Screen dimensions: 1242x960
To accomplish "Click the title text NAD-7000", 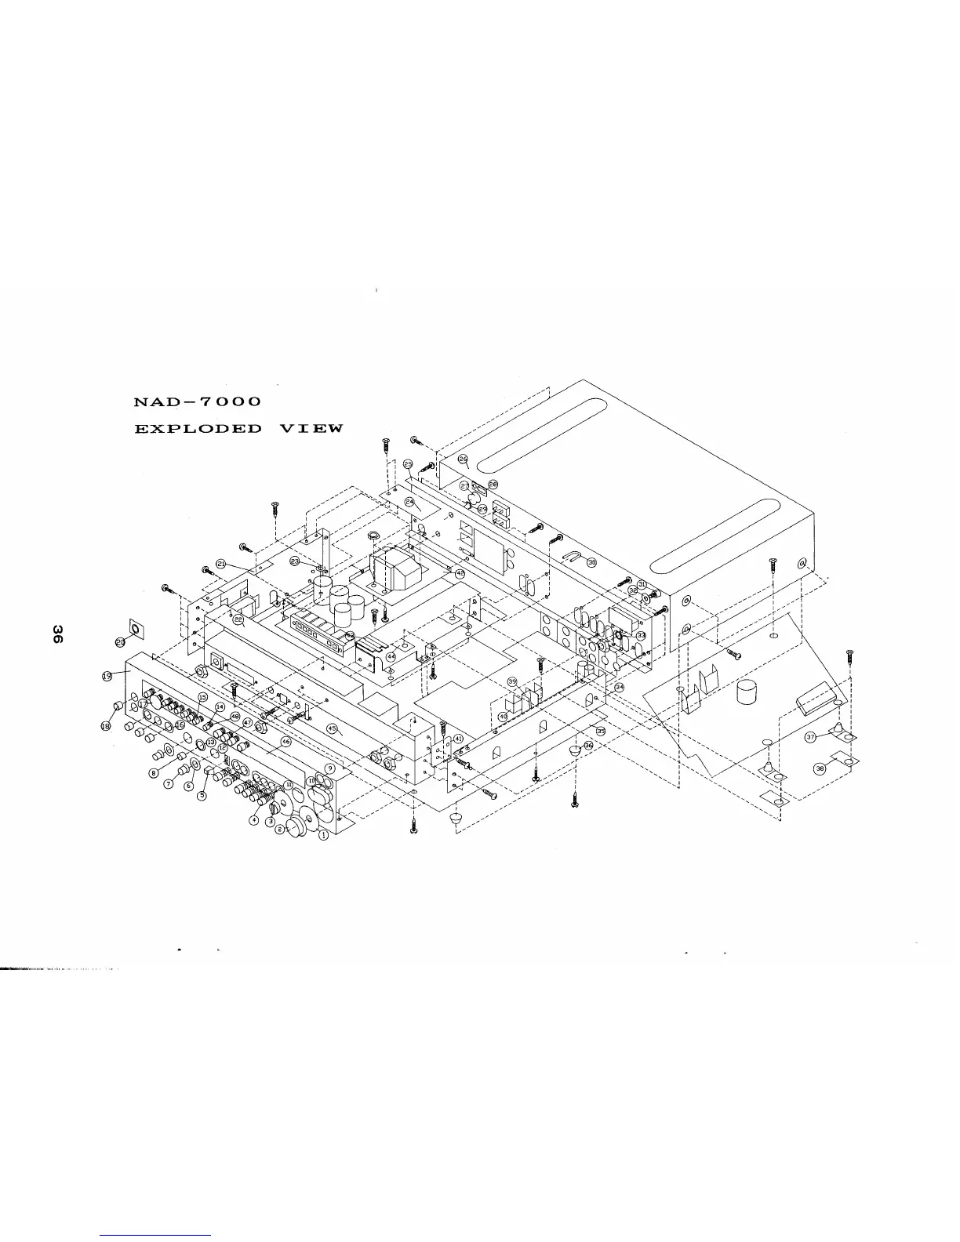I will (x=198, y=401).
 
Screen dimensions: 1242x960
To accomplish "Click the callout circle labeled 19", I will (x=106, y=675).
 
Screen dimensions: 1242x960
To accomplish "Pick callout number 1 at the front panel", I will (x=323, y=834).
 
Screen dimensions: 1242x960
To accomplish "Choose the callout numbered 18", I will (x=106, y=727).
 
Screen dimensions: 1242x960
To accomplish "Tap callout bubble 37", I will (x=811, y=737).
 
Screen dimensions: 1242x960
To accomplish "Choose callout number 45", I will (x=332, y=728).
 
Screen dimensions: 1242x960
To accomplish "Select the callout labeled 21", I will (x=221, y=564).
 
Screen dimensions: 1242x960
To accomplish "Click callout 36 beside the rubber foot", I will (x=589, y=745).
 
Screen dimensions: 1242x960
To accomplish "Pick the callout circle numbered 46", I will (x=286, y=741).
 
